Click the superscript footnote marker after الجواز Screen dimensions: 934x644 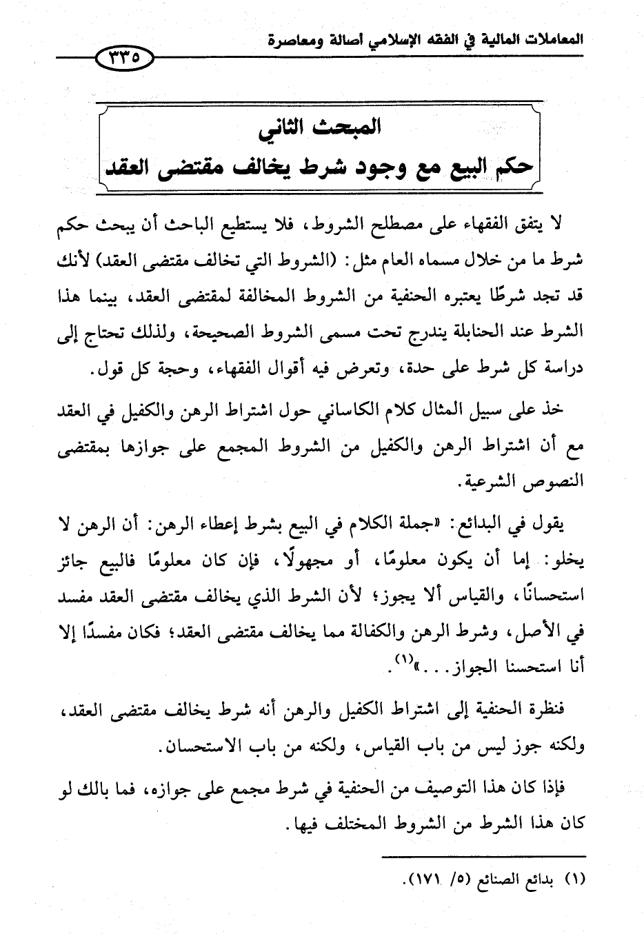click(x=401, y=659)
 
